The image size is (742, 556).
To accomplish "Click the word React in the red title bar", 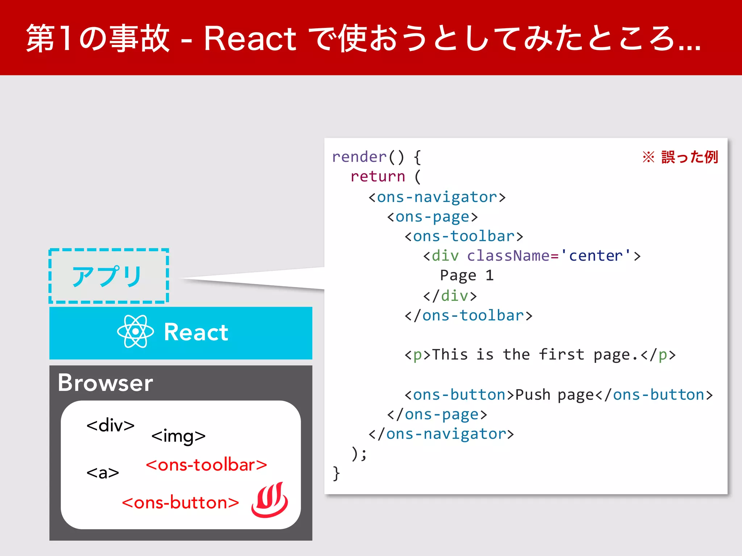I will [250, 39].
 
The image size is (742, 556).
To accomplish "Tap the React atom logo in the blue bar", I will [136, 332].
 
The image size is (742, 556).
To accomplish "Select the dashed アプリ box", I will [109, 276].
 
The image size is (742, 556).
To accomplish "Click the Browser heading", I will [105, 383].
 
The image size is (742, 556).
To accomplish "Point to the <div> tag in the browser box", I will [111, 425].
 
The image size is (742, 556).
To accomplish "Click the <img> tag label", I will [178, 436].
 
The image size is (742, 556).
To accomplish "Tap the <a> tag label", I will [103, 473].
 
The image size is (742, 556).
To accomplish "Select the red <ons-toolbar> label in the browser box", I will [206, 465].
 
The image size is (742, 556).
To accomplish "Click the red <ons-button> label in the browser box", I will [180, 503].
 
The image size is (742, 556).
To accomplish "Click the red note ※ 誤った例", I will [680, 157].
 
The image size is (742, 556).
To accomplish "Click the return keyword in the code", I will [378, 177].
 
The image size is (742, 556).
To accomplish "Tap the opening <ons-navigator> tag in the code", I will [437, 197].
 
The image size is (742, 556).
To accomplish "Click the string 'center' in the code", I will [596, 256].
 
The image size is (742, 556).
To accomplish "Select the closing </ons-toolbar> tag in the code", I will [468, 316].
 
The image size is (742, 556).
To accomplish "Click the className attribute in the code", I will [508, 256].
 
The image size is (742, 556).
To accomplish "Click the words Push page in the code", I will [554, 395].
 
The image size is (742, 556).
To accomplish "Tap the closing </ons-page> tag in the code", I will [437, 414].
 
